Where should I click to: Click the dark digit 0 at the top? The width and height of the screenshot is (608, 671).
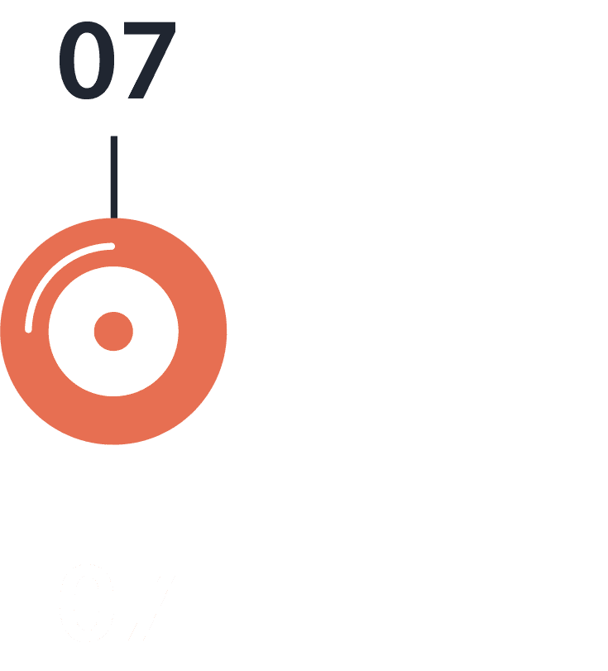coord(87,60)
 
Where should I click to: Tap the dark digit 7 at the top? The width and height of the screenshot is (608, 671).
coord(150,60)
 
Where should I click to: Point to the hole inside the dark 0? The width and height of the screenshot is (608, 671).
coord(87,60)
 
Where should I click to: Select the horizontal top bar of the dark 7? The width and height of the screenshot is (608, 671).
coord(150,29)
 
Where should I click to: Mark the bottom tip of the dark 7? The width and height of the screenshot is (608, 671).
coord(136,98)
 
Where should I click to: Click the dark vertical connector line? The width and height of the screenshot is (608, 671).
coord(114,177)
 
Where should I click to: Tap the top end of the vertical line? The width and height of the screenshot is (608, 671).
coord(114,137)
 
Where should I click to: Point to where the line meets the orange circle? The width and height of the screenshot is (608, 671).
coord(114,218)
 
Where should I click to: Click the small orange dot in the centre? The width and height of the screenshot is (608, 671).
coord(113,331)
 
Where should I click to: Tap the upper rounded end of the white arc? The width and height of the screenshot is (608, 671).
coord(113,246)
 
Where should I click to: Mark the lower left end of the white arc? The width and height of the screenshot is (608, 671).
coord(28,329)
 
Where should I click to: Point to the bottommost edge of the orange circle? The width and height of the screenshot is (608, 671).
coord(113,444)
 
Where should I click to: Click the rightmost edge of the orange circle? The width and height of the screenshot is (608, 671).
coord(227,331)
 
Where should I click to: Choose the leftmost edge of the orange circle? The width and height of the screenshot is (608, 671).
coord(1,331)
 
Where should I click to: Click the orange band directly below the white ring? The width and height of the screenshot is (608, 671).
coord(113,420)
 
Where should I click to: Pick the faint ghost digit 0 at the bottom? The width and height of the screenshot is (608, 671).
coord(87,603)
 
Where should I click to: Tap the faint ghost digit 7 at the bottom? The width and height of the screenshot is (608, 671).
coord(150,603)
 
